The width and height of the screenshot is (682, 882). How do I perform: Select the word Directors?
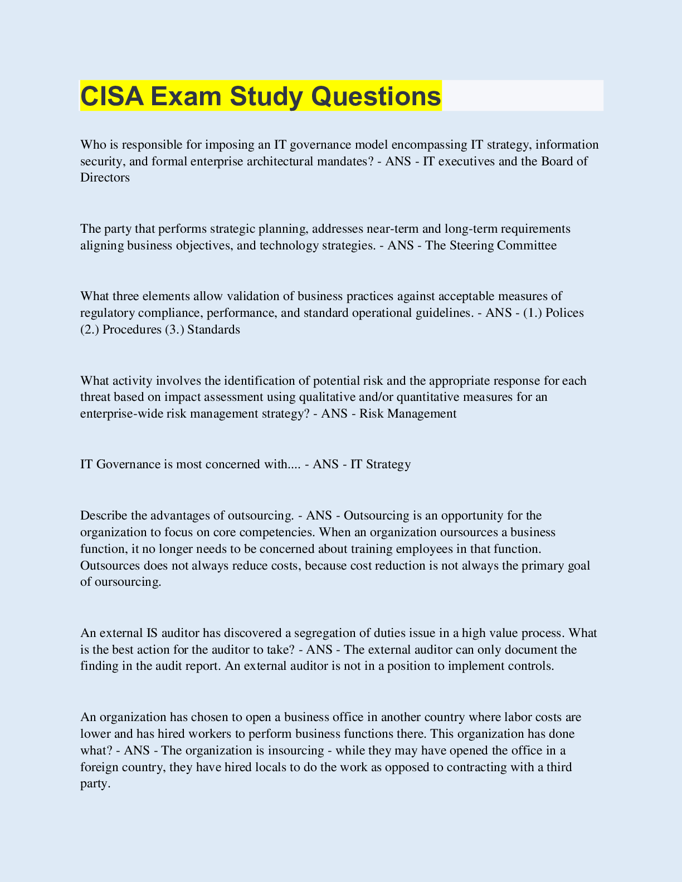pos(105,178)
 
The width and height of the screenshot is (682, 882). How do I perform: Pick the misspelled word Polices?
pos(564,313)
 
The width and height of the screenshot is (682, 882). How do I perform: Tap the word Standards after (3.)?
pos(213,330)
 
